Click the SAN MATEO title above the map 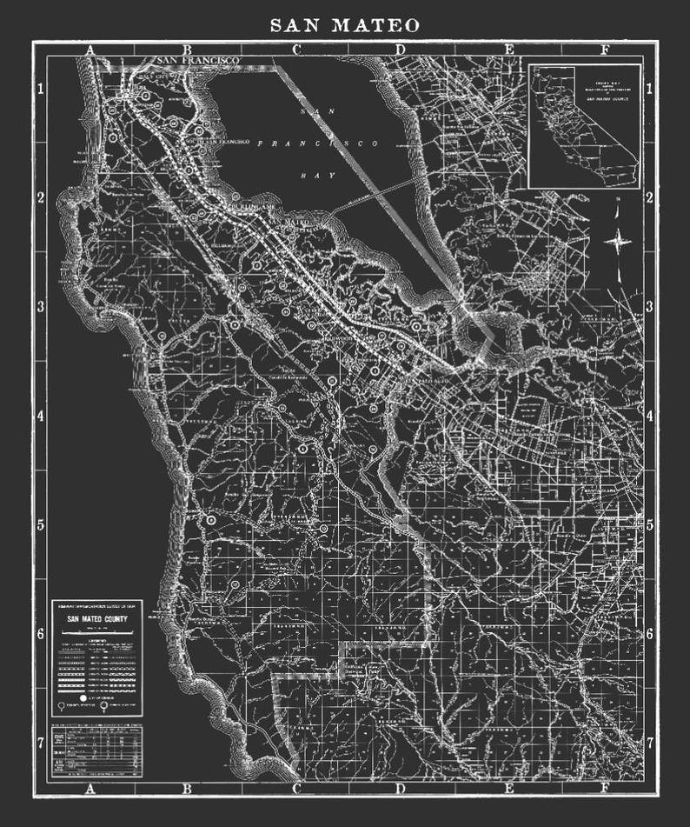coord(345,25)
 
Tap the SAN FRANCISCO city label coord(198,59)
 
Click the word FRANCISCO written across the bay coord(319,143)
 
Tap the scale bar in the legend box coord(96,631)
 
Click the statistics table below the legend coord(96,750)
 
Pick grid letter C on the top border coord(296,50)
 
